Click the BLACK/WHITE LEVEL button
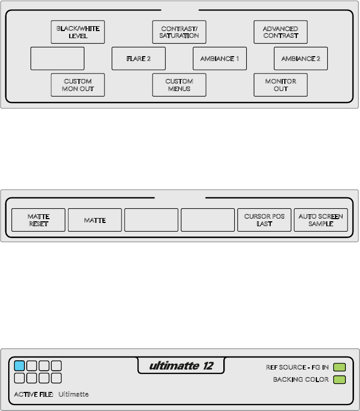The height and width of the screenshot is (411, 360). (x=78, y=32)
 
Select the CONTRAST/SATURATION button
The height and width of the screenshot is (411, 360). (x=179, y=32)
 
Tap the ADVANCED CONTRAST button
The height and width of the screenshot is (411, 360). (x=280, y=32)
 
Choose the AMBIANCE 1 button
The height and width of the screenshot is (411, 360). (x=219, y=58)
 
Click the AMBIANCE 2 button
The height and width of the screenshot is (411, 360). (x=301, y=58)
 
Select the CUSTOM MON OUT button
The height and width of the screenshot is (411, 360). (x=78, y=85)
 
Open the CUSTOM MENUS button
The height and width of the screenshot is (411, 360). (x=179, y=85)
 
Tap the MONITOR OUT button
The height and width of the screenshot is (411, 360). (x=280, y=85)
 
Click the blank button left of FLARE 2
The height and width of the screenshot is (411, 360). (x=58, y=58)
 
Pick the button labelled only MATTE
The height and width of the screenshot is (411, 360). (x=95, y=220)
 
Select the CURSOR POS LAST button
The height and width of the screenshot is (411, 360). (x=264, y=220)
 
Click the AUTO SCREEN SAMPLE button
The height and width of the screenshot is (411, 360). (x=321, y=220)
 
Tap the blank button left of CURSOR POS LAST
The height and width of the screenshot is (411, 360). (x=208, y=220)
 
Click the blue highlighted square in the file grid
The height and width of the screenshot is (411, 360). (x=20, y=366)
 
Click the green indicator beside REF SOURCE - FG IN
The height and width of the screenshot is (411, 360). (x=339, y=367)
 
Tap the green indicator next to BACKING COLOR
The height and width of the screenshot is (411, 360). (x=339, y=379)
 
